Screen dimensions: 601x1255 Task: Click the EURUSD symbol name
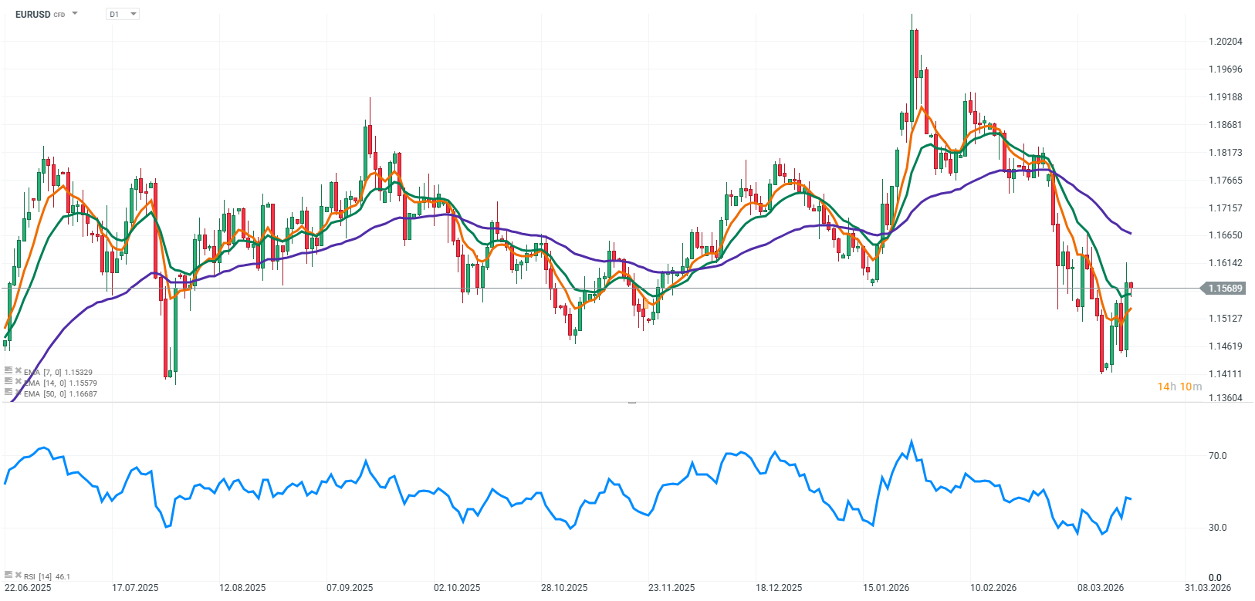tap(32, 14)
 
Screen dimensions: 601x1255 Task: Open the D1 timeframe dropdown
tap(122, 14)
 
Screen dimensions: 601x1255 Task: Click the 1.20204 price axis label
tap(1226, 42)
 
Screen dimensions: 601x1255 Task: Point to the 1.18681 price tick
tap(1226, 125)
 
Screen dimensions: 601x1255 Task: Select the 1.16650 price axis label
tap(1226, 235)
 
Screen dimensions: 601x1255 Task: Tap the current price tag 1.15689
tap(1225, 289)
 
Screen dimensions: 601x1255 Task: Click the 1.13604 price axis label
tap(1226, 398)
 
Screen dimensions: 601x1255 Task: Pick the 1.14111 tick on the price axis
tap(1226, 374)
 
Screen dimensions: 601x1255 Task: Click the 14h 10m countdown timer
tap(1179, 387)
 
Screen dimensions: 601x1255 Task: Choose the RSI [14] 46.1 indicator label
tap(46, 576)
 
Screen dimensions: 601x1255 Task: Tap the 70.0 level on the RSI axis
tap(1217, 456)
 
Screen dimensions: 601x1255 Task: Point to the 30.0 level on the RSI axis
tap(1217, 528)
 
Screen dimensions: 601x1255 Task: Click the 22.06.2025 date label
tap(28, 588)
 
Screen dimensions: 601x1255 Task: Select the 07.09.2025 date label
tap(350, 588)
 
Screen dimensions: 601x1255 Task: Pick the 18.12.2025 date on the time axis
tap(779, 588)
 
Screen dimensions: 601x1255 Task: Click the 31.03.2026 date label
tap(1208, 588)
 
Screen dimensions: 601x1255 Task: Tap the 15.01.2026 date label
tap(886, 588)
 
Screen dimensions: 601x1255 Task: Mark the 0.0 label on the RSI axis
tap(1215, 577)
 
